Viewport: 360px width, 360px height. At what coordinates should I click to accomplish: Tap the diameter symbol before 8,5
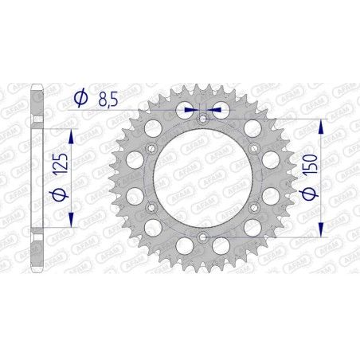click(80, 99)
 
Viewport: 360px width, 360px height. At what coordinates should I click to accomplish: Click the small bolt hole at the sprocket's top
click(202, 119)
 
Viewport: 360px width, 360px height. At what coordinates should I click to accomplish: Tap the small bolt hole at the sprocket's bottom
click(202, 237)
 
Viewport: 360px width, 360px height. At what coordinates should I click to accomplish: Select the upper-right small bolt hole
click(253, 148)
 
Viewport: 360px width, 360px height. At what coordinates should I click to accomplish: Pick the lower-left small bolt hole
click(151, 207)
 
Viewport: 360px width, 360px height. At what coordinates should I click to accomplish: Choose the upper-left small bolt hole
click(151, 149)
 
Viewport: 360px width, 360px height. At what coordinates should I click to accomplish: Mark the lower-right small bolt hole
click(253, 207)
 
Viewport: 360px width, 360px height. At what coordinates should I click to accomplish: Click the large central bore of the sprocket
click(202, 178)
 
